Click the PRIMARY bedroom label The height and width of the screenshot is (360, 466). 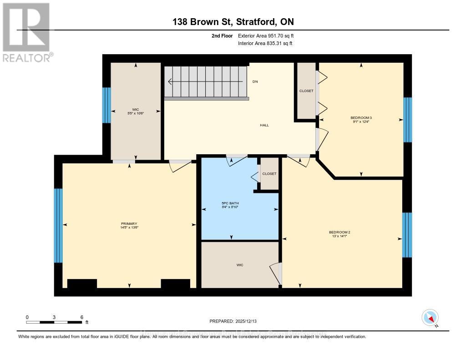129,223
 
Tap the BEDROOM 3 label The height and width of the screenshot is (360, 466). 361,117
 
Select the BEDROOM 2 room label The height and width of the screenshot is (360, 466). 339,232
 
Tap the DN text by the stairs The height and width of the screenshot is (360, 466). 255,82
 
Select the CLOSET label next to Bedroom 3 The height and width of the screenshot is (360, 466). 306,91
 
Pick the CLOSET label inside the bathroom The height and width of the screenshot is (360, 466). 269,174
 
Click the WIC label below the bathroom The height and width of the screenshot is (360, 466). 240,265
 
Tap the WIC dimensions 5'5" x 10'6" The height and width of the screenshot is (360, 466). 136,113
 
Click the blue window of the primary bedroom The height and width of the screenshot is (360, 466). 58,226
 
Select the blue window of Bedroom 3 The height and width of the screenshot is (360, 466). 408,120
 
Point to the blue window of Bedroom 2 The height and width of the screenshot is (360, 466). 407,235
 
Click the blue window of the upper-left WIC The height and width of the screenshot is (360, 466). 106,105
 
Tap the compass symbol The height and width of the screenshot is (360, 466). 430,317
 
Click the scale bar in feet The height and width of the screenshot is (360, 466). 55,322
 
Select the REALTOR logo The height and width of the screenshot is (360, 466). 27,32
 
